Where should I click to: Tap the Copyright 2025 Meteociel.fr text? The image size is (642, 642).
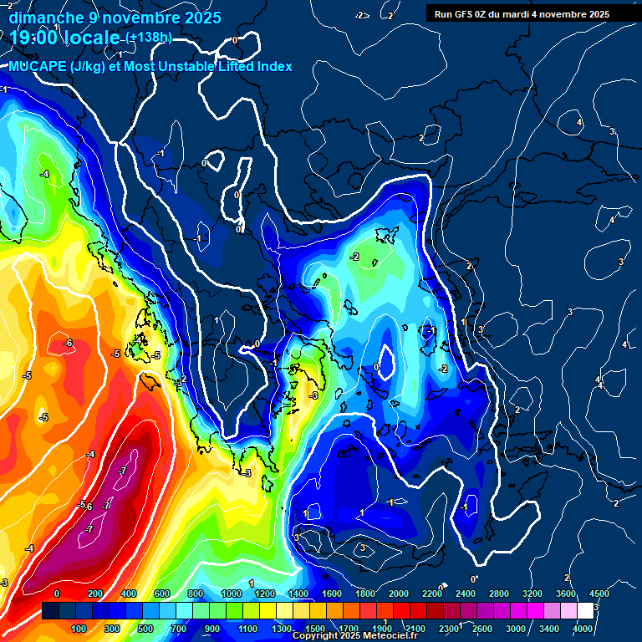coord(354,636)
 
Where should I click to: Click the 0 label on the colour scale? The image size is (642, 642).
coord(57,594)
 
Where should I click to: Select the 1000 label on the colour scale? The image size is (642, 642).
coord(232,594)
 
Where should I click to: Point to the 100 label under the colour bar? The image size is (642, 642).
coord(79,629)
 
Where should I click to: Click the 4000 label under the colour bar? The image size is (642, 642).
coord(583,629)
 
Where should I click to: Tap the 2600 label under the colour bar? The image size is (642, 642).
coord(482,629)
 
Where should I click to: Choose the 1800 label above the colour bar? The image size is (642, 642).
coord(365,594)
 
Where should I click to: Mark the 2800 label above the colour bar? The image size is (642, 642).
coord(499,594)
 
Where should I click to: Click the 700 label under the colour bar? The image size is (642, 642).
coord(179,629)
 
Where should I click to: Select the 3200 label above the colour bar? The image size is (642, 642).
coord(532,594)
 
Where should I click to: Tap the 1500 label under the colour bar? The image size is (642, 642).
coord(314,629)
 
